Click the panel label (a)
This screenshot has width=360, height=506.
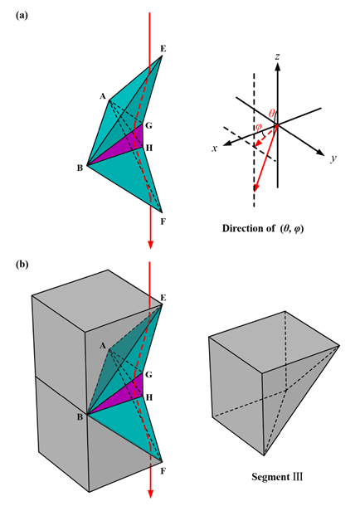(22, 16)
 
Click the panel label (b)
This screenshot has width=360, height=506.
(22, 265)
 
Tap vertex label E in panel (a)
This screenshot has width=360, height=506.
(163, 49)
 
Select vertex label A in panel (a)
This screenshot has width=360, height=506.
(103, 96)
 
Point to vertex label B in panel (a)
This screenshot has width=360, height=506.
(80, 168)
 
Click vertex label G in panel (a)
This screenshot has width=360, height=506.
(148, 125)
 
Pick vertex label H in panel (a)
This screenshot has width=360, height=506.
(148, 148)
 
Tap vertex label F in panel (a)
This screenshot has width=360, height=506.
(163, 222)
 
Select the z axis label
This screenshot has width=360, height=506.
(277, 57)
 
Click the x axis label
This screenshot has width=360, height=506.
(215, 148)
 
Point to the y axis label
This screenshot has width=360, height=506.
(333, 158)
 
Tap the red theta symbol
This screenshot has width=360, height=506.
(271, 114)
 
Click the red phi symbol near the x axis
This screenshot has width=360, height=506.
(259, 126)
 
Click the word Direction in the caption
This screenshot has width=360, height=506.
(241, 228)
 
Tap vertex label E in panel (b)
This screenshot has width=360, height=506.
(163, 298)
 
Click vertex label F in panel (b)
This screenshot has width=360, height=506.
(163, 471)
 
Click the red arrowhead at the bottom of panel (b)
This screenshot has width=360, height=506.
(150, 494)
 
